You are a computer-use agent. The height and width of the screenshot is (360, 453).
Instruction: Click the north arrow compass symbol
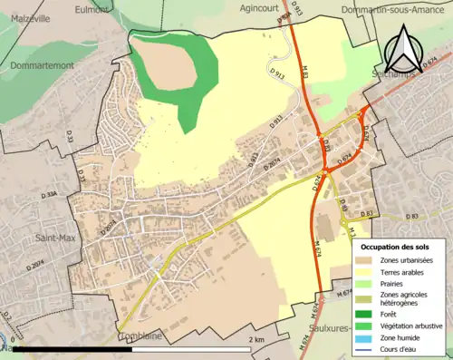point(402,51)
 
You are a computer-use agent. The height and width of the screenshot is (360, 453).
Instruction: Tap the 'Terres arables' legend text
point(405,272)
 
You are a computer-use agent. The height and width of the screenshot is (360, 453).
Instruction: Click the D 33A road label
point(46,193)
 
